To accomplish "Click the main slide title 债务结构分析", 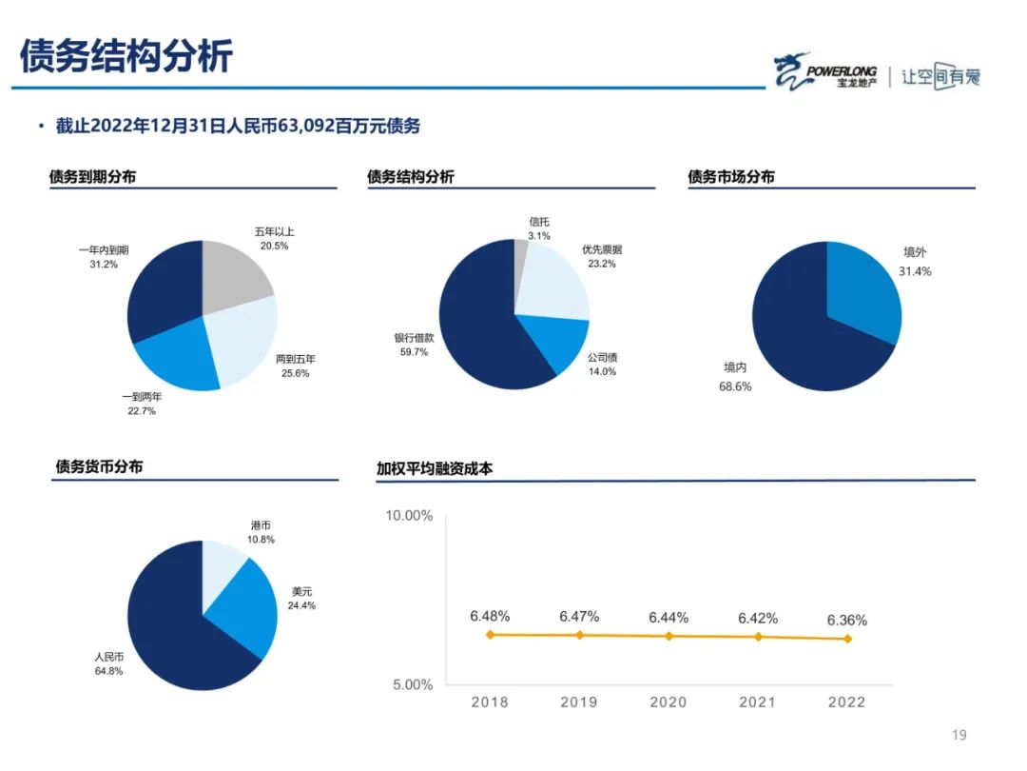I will coord(126,56).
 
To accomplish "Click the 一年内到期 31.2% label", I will coord(104,257).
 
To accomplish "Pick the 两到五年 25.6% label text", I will coord(295,366).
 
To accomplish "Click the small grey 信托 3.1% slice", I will coord(521,255).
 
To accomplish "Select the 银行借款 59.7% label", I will coord(415,345).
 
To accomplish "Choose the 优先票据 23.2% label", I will coord(602,256).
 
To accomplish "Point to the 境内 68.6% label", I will coord(736,376).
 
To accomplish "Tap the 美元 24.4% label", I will coord(302,598).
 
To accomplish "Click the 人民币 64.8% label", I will coord(108,663).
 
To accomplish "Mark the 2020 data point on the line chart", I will coord(669,636).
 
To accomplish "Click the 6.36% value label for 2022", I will coord(846,620).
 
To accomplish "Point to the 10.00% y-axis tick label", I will coord(409,515).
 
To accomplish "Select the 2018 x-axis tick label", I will coord(490,702).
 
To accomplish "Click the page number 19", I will coord(959,735).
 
